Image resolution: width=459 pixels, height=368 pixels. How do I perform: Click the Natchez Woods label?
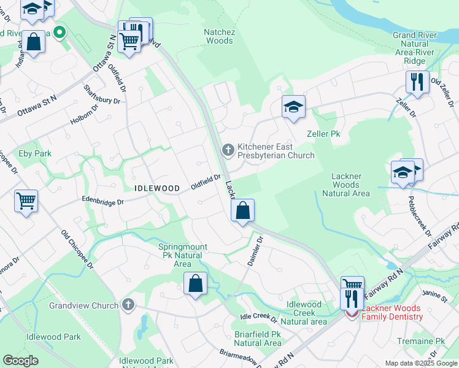(x=219, y=36)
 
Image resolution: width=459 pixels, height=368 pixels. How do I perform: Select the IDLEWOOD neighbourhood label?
(x=157, y=188)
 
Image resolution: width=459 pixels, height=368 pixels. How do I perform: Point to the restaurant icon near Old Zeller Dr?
(x=417, y=82)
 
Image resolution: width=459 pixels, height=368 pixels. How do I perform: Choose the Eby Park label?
(x=34, y=153)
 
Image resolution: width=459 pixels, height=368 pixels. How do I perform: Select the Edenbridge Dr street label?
(x=104, y=201)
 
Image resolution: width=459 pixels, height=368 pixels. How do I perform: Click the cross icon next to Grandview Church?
(x=128, y=304)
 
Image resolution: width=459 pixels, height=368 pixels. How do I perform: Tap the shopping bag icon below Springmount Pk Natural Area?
(x=195, y=284)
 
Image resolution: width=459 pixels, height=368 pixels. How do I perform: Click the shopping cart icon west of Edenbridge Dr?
(x=26, y=201)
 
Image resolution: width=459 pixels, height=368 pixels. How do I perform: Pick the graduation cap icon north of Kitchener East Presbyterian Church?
(x=294, y=107)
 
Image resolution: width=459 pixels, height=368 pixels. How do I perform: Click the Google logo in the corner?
(x=21, y=361)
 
